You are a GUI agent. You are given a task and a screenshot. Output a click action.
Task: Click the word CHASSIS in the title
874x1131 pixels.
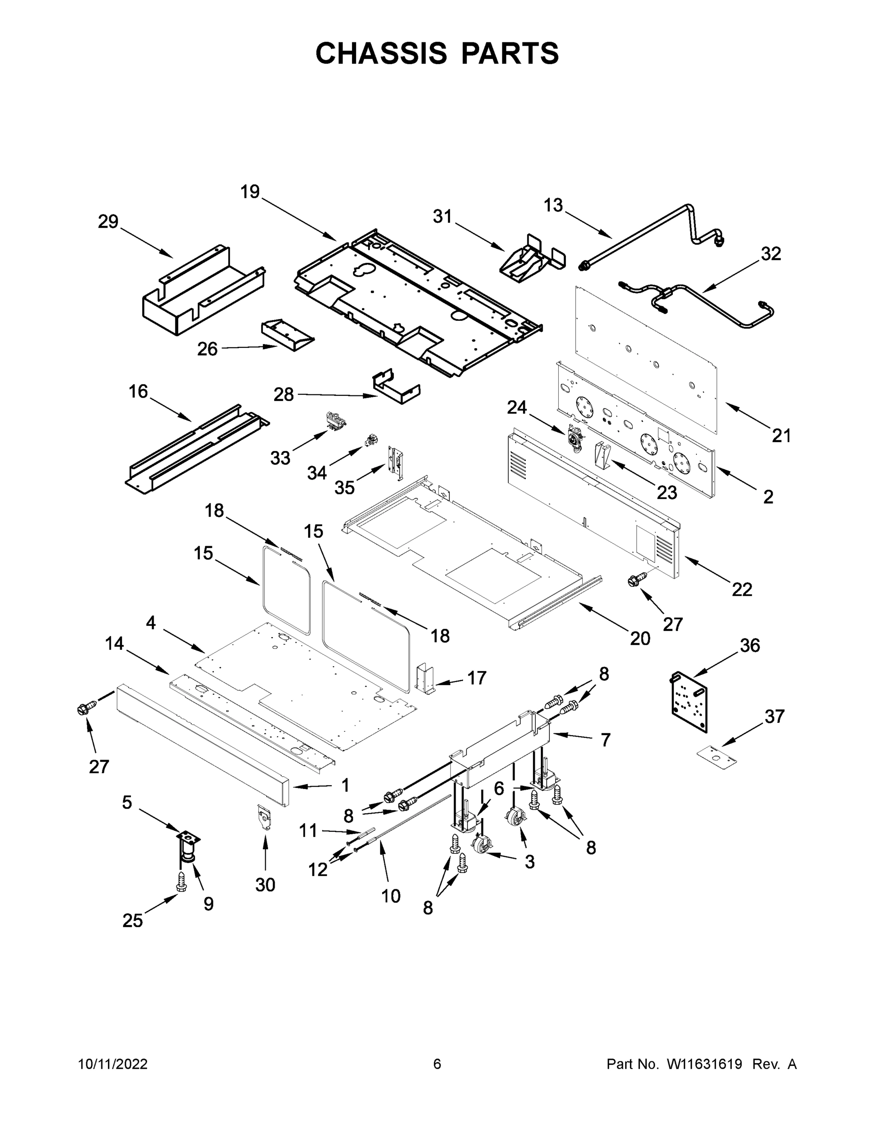[382, 53]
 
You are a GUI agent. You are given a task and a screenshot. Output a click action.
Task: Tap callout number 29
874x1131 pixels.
[108, 221]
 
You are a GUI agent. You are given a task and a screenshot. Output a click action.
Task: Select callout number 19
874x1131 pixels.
[250, 192]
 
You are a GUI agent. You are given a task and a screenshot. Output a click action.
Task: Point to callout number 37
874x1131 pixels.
[775, 716]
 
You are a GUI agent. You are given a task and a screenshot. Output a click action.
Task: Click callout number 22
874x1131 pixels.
[742, 590]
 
